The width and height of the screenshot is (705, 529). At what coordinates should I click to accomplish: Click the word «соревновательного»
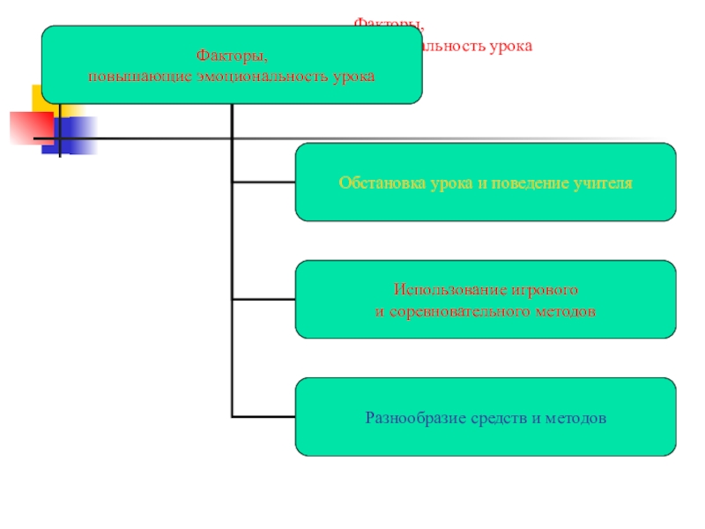[456, 311]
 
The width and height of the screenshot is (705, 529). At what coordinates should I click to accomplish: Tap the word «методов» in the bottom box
[576, 417]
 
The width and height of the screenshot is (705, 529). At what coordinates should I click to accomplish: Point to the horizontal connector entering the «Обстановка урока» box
[263, 183]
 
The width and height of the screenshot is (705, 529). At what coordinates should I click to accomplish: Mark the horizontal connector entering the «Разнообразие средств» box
[263, 415]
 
